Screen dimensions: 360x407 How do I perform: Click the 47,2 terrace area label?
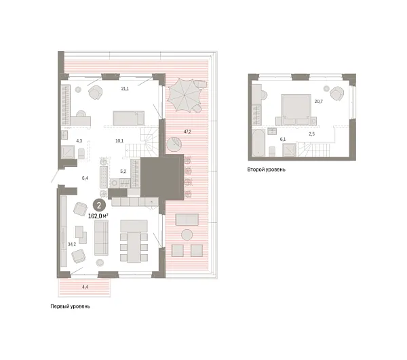point(187,132)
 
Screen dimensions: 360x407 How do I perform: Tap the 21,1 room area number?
point(125,88)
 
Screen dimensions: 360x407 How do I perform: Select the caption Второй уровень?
point(267,169)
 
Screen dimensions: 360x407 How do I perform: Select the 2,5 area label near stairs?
point(311,134)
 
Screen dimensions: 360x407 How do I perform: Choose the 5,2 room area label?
point(123,171)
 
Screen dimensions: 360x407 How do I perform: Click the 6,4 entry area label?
point(85,178)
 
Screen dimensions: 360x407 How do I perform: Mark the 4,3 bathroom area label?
point(79,141)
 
